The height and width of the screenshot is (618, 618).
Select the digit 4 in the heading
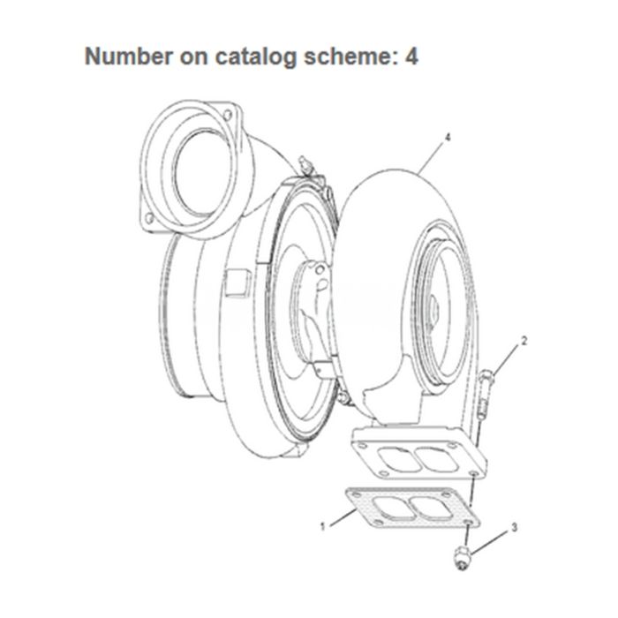tap(410, 57)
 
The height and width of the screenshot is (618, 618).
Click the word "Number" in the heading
tap(124, 57)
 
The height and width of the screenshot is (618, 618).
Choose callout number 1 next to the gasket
tap(323, 527)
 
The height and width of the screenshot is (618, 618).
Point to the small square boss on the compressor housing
tap(236, 283)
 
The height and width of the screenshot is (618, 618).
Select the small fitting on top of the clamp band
tap(306, 163)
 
